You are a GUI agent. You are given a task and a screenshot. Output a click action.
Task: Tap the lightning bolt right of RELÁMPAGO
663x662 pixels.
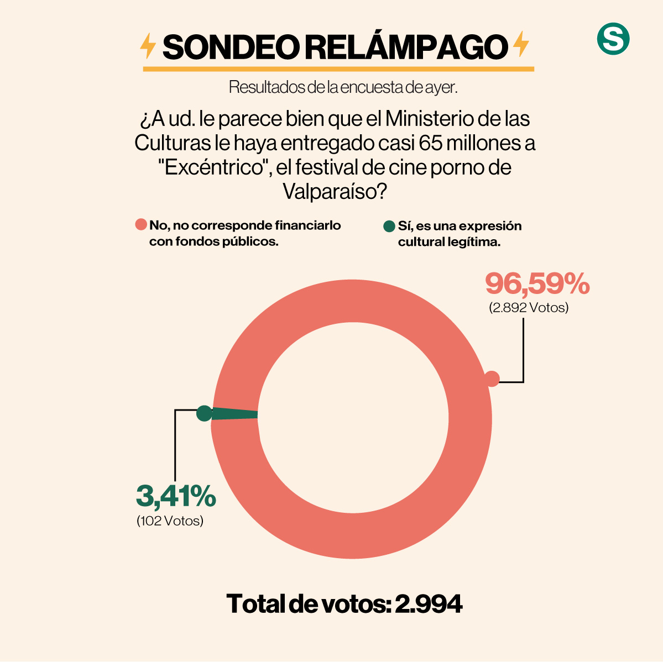click(x=520, y=45)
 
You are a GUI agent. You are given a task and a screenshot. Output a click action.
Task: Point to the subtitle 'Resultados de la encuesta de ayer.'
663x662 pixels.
click(x=343, y=87)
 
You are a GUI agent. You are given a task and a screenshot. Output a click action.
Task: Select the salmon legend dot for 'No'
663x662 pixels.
click(x=141, y=225)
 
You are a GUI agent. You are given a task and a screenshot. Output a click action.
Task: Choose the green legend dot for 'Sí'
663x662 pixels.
click(x=389, y=226)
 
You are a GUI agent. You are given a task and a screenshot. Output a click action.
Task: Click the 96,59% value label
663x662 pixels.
click(x=537, y=284)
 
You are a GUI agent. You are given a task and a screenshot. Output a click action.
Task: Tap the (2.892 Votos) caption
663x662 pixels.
click(x=528, y=308)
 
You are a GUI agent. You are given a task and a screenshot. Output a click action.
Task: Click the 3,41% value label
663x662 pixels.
click(x=176, y=496)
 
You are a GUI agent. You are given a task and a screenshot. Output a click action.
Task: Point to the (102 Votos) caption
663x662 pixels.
click(x=170, y=521)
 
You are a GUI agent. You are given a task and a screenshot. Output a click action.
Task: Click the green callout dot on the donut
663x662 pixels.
click(x=204, y=413)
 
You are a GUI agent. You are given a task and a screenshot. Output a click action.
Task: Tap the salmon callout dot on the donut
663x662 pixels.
click(x=492, y=379)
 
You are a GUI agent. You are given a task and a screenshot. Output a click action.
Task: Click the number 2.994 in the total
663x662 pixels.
click(x=429, y=604)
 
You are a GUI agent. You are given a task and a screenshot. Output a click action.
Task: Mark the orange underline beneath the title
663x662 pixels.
click(x=338, y=69)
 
